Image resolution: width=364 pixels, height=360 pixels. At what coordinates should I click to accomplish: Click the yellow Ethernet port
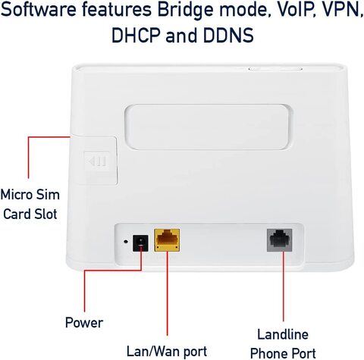(x=167, y=240)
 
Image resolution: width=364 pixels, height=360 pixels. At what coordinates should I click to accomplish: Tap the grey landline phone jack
(x=280, y=240)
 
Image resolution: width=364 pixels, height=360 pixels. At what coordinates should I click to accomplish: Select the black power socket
(x=140, y=243)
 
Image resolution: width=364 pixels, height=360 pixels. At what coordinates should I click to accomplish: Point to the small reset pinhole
(x=126, y=241)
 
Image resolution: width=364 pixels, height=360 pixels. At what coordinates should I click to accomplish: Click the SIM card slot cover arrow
(x=97, y=161)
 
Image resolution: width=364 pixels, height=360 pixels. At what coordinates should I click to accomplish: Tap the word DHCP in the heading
(x=136, y=36)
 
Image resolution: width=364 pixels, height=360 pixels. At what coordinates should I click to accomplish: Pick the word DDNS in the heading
(x=228, y=36)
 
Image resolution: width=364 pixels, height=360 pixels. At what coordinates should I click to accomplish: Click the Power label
(x=84, y=323)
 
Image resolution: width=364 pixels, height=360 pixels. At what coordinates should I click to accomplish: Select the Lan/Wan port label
(x=167, y=351)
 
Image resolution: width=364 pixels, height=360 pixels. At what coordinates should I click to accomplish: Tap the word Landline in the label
(x=283, y=334)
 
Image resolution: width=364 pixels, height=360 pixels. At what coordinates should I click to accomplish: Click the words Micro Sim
(x=30, y=195)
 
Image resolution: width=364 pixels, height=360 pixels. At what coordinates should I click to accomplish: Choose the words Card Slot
(x=30, y=214)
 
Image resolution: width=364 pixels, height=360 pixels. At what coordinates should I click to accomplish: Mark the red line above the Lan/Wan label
(x=167, y=293)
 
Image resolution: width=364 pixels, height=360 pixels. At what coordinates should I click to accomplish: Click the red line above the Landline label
(x=284, y=286)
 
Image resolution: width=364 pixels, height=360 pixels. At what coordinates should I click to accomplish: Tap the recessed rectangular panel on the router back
(x=209, y=127)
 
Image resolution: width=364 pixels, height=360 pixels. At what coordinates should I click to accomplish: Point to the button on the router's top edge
(x=275, y=68)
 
